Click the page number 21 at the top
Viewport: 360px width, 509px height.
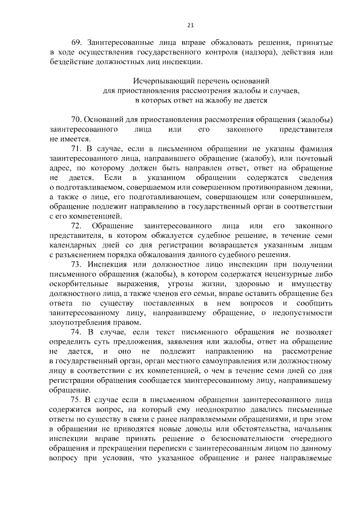190,25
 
